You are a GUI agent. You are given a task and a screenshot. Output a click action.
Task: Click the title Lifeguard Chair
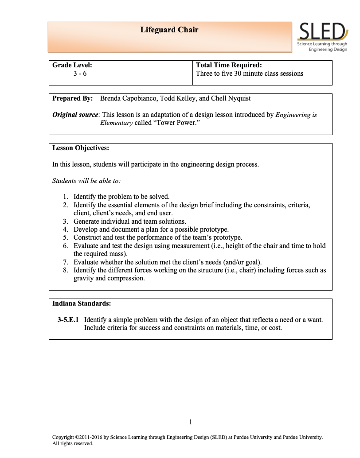coord(169,30)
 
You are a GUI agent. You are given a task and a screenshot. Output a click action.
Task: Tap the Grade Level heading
coord(72,65)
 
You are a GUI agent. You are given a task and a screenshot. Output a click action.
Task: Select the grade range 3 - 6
coord(80,74)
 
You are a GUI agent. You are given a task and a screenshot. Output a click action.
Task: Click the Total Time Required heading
coord(228,65)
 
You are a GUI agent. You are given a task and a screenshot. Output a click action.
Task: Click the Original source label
coord(75,115)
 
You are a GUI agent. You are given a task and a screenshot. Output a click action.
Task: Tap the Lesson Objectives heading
coord(81,147)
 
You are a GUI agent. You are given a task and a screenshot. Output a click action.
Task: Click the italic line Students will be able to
coord(86,181)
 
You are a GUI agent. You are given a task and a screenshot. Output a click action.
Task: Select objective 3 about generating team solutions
coord(129,221)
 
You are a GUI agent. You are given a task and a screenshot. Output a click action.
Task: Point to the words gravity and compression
coord(109,279)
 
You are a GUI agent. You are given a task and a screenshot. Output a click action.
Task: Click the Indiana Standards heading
coord(82,303)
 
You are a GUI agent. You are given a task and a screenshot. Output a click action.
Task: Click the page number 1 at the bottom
coord(191,422)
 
